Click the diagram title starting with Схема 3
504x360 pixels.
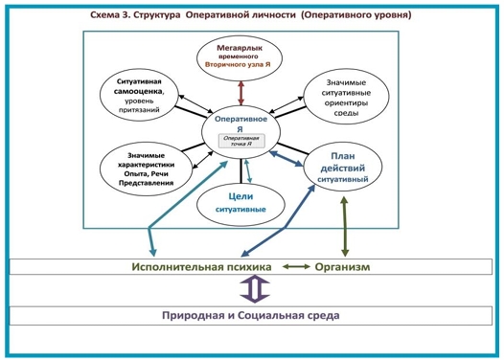point(250,15)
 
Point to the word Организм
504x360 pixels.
point(342,266)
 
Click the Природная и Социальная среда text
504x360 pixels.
point(250,315)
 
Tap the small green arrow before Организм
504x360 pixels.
point(293,266)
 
